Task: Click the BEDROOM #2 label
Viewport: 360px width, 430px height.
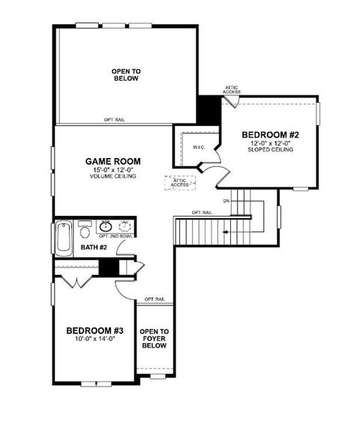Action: [x=270, y=134]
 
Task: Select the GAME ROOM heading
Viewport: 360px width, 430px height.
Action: [x=112, y=161]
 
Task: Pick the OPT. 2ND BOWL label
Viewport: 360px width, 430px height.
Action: [x=115, y=236]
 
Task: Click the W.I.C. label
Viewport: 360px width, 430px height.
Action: [x=199, y=147]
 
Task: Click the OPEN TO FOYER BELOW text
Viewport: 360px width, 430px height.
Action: [x=154, y=338]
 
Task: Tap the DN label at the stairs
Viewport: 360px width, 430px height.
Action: [x=226, y=201]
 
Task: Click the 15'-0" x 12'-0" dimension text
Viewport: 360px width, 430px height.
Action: [x=112, y=170]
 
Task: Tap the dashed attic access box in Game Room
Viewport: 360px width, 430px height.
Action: [x=179, y=183]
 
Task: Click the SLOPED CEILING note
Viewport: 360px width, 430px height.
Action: [x=270, y=150]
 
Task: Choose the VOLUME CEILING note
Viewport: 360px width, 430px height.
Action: [x=112, y=177]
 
